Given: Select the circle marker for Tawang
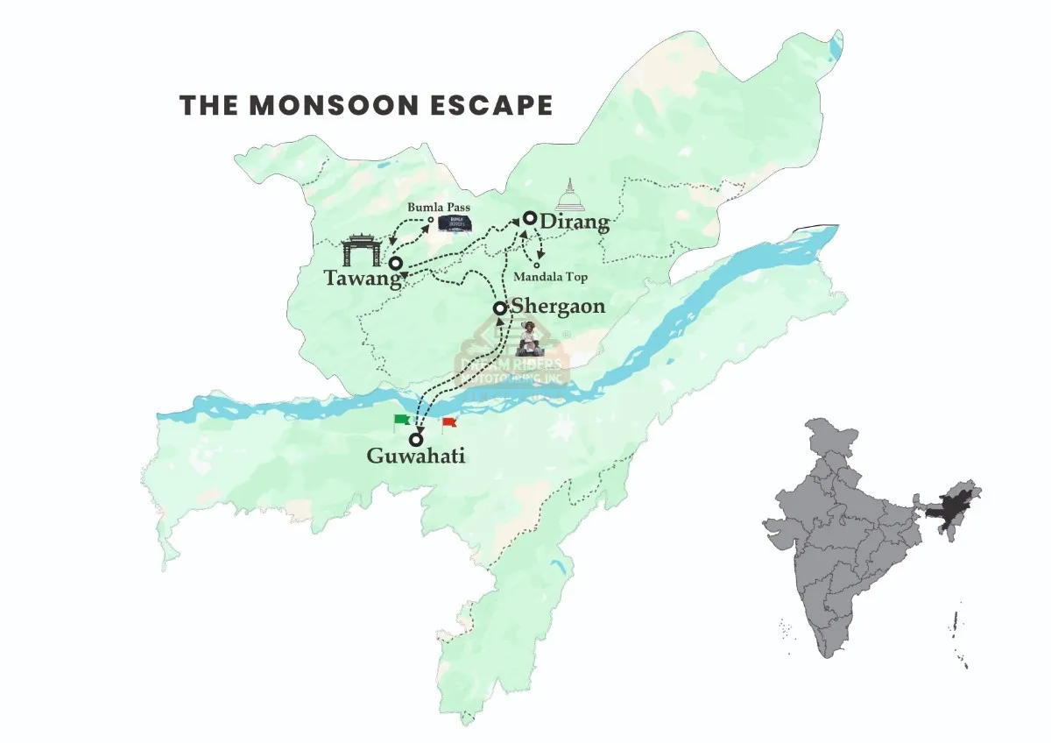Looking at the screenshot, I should (x=396, y=263).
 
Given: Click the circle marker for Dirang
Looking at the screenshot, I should (x=530, y=218).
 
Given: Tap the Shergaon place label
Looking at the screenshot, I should (x=558, y=307).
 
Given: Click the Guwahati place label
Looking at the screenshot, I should (x=415, y=456).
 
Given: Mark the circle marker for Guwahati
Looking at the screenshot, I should (x=416, y=440).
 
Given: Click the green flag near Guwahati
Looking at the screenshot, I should (x=402, y=421).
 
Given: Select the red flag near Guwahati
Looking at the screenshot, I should (x=448, y=424).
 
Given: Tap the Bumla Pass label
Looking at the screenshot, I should (x=439, y=208).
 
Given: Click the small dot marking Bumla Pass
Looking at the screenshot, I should (x=430, y=220).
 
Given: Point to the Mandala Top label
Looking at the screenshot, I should (x=551, y=277).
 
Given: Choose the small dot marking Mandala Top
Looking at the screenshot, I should (x=537, y=265).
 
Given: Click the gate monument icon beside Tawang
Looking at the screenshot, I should (x=361, y=251).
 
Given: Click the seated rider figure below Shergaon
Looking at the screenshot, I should (x=530, y=336).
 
